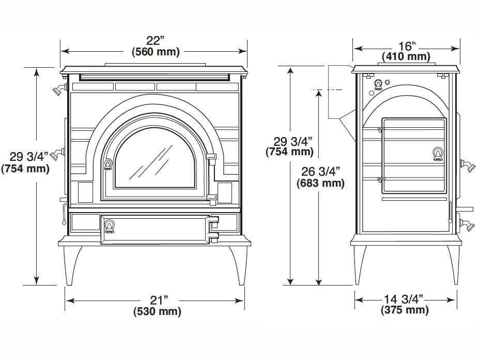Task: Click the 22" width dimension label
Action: point(155,41)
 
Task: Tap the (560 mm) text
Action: point(156,52)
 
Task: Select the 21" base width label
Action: point(159,300)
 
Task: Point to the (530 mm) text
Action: point(157,311)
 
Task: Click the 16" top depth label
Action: point(407,46)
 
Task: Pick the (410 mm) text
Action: point(406,56)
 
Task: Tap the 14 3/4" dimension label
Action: point(403,299)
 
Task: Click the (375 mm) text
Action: point(405,310)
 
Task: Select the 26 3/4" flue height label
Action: point(320,172)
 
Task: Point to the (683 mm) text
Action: point(320,183)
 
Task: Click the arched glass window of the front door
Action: point(154,159)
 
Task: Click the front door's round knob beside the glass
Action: point(108,164)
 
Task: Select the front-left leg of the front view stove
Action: point(72,265)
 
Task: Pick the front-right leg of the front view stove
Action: point(239,265)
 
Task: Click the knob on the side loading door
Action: point(438,154)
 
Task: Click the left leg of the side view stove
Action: point(360,265)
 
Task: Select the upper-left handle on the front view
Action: point(59,89)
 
